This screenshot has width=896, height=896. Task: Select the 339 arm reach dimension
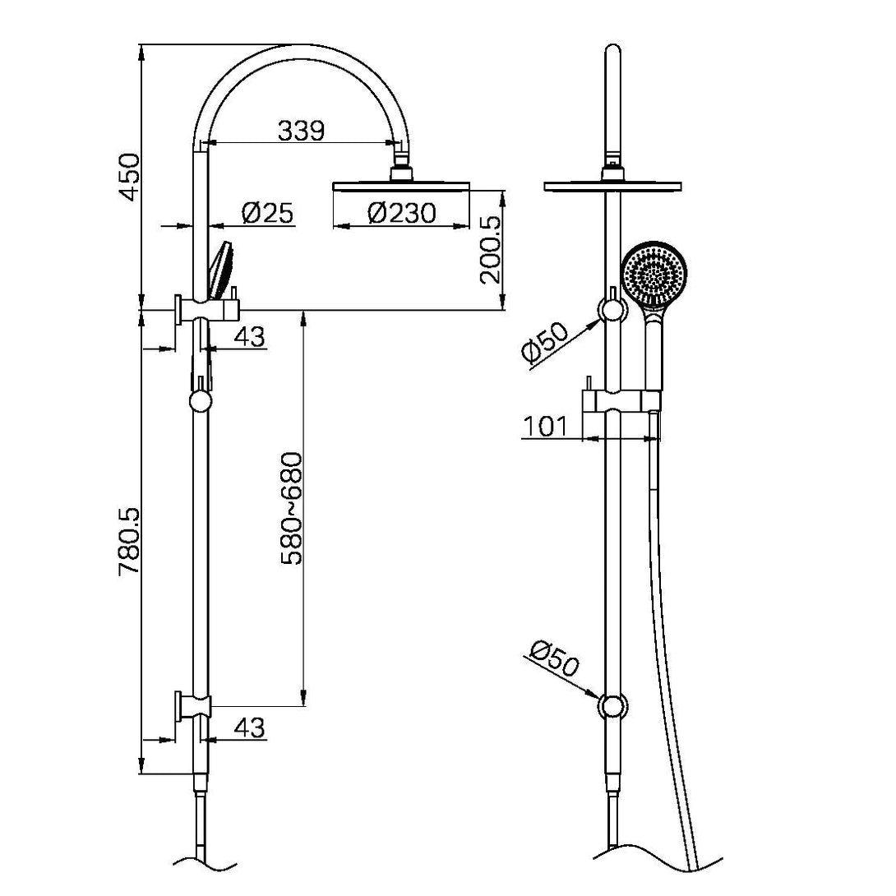[301, 130]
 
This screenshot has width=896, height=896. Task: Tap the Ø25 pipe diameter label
[267, 214]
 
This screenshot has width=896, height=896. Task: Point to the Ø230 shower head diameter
[401, 214]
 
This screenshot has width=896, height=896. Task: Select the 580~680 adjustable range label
[293, 508]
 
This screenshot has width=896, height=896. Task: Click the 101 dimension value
[545, 426]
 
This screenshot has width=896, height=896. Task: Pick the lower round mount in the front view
[612, 706]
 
